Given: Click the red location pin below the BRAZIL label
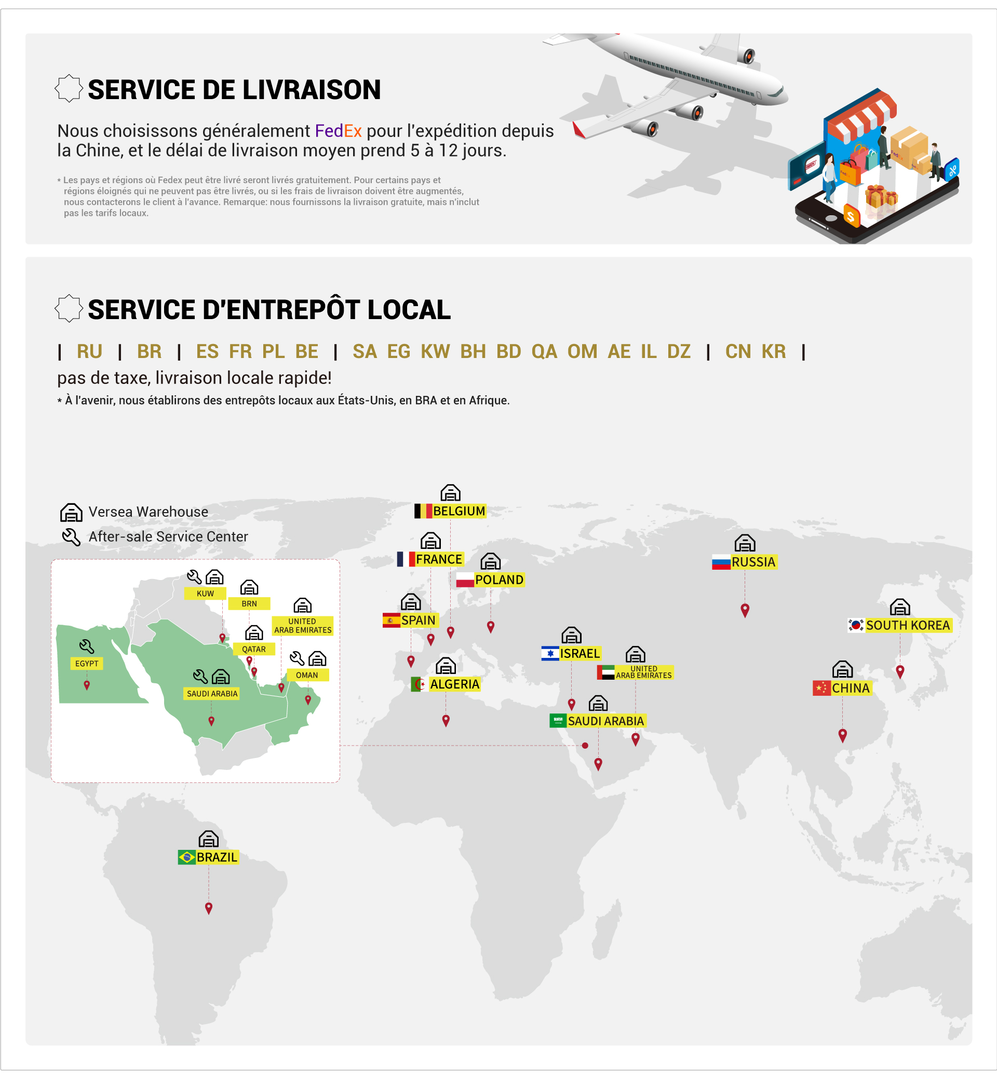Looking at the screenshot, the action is pos(209,908).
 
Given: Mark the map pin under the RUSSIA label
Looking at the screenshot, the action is pos(745,610).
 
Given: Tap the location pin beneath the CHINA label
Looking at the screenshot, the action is pos(843,735).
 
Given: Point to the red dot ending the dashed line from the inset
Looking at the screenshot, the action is pos(585,746).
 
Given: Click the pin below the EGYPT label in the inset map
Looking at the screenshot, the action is pos(87,685).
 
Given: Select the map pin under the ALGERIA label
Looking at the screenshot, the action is pos(446,720).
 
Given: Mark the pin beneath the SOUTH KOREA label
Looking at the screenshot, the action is pos(900,671).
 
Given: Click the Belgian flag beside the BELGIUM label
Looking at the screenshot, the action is pos(423,511).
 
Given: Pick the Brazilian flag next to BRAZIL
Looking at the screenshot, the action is pos(186,857).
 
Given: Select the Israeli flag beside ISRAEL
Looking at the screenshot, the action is pos(550,653).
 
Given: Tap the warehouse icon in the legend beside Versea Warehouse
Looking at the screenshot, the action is pos(71,512).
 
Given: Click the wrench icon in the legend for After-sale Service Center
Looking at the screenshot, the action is pos(71,537).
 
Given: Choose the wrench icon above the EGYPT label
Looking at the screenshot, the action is pos(87,646).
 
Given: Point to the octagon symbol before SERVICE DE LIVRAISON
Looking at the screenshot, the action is pos(69,88).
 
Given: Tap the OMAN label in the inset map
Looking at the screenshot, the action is pos(307,675).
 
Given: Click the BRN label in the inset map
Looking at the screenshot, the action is pos(249,604).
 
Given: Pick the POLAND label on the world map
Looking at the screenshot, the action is pos(499,580).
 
